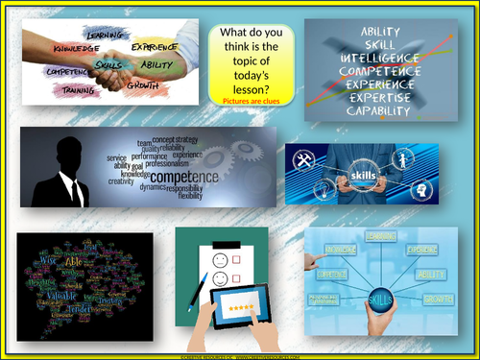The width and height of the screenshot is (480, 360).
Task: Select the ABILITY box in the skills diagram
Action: point(430,274)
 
